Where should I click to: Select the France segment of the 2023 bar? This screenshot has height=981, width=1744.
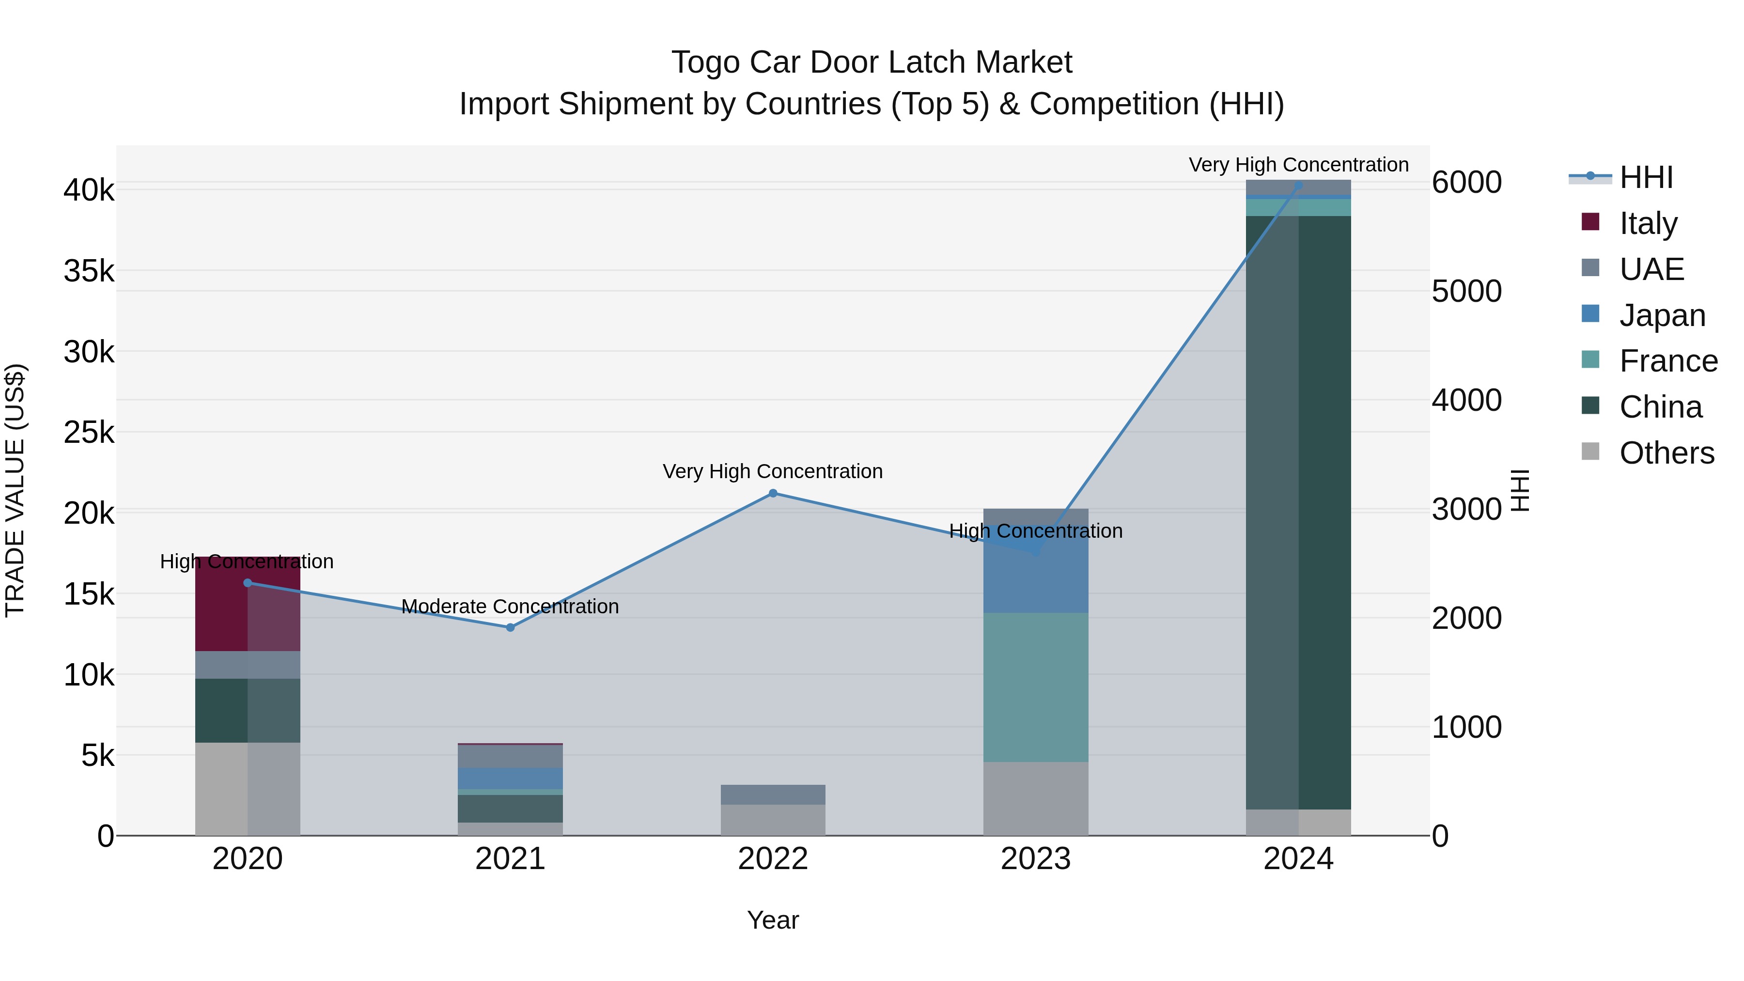1035,687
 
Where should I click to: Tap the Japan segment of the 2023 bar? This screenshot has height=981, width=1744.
1035,576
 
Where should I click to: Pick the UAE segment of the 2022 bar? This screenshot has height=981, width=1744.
773,794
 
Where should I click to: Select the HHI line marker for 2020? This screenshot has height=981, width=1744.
247,583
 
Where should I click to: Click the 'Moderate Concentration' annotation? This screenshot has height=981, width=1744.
510,607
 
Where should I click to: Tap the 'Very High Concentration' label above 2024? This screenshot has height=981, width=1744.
1298,165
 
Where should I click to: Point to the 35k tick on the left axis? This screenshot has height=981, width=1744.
89,271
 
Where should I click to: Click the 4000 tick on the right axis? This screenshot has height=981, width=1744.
1466,400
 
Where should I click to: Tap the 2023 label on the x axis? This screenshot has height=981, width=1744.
1035,859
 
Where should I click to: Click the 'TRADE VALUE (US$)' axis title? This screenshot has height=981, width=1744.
15,490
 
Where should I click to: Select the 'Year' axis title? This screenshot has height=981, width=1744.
773,920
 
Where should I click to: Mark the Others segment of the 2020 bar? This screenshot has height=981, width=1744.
247,789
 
